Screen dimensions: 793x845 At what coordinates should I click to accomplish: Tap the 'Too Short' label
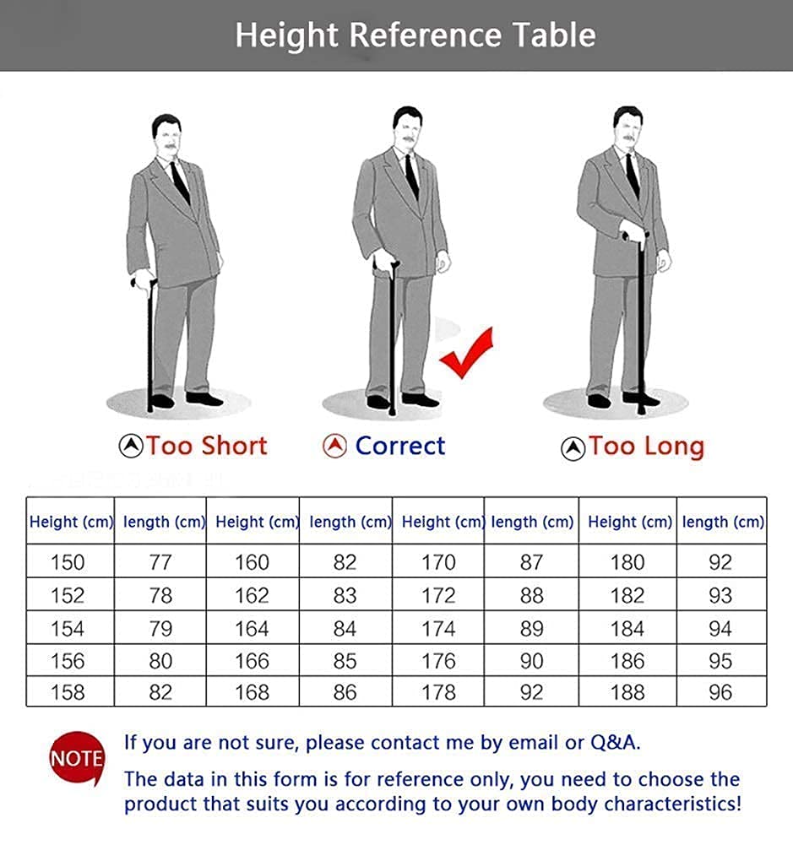coord(207,447)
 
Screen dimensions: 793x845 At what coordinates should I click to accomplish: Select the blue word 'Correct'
coord(400,447)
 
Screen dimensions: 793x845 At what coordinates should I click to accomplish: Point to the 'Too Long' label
coord(646,447)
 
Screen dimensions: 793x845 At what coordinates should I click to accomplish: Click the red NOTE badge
coord(77,759)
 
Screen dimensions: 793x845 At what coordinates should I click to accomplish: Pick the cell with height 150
coord(70,561)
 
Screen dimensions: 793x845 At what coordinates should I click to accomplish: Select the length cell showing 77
coord(160,561)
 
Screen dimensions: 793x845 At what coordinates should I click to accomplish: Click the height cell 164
coord(253,628)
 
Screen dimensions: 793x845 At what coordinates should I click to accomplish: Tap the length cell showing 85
coord(345,661)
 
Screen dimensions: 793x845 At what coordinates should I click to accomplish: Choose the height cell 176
coord(438,661)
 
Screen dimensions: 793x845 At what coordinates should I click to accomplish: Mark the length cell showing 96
coord(720,692)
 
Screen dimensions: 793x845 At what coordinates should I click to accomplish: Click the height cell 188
coord(627,692)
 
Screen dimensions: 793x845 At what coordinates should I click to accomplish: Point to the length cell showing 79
coord(160,628)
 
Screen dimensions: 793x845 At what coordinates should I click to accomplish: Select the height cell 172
coord(438,595)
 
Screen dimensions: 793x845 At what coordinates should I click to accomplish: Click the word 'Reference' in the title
coord(426,35)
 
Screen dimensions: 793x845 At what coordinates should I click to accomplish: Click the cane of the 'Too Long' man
coord(640,323)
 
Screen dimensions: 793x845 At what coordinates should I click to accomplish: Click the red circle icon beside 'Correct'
coord(334,447)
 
